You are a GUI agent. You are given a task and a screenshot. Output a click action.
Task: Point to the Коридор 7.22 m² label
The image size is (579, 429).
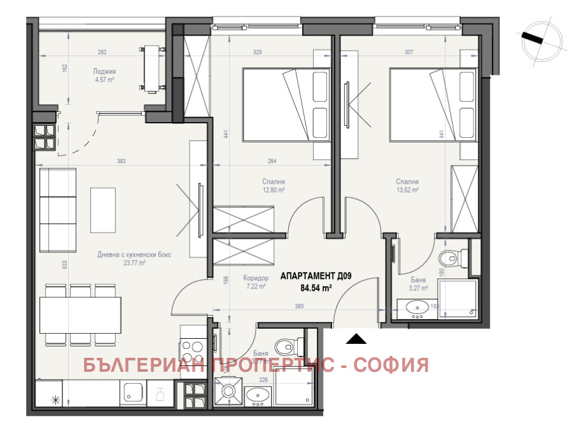click(x=255, y=282)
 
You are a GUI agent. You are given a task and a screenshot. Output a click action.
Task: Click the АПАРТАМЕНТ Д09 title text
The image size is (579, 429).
click(x=316, y=276)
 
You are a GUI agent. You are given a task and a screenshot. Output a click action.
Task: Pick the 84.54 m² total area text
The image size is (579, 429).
click(x=317, y=288)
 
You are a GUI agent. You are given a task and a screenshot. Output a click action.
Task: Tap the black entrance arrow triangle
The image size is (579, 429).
click(x=356, y=338)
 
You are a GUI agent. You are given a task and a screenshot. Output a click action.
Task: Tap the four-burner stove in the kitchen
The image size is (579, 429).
click(x=192, y=351)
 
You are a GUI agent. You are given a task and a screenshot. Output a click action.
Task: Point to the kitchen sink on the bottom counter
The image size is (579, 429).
click(x=134, y=393)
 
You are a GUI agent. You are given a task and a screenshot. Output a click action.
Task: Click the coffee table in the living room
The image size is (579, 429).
click(x=103, y=210)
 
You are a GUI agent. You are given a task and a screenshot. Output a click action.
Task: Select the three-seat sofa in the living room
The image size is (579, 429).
click(x=57, y=210)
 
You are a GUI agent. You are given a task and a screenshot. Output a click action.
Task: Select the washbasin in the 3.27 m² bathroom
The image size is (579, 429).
click(x=418, y=309)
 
